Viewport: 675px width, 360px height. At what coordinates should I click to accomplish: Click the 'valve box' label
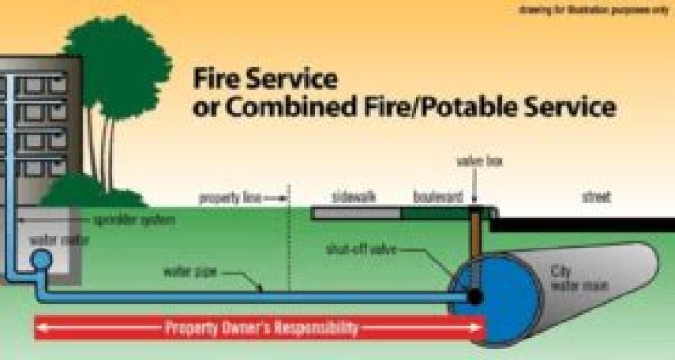tap(479, 161)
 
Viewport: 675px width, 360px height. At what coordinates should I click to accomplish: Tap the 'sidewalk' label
tap(353, 198)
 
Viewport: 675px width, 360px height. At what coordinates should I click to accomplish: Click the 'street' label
tap(596, 198)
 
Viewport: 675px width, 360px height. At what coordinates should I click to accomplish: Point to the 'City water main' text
tap(568, 276)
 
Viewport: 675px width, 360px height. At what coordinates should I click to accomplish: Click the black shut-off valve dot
tap(475, 296)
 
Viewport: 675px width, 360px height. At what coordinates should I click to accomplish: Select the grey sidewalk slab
tap(356, 214)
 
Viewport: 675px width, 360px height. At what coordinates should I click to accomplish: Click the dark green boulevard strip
tap(437, 214)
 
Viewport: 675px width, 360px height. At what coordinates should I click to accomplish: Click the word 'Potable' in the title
tap(455, 106)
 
